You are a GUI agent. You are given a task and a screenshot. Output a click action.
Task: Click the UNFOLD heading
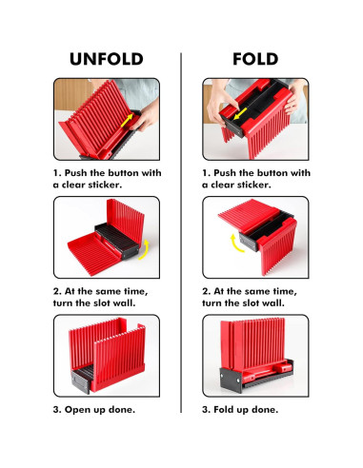coord(107,59)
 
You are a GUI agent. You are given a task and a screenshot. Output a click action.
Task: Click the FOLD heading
coord(255,59)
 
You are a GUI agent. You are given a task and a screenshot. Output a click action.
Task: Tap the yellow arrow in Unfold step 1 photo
coord(127,121)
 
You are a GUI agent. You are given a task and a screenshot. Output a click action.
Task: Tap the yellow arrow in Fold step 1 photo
coord(240,113)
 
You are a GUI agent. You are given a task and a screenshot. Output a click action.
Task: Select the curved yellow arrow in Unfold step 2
coord(145,250)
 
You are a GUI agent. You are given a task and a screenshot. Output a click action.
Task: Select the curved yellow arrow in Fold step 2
coord(235,244)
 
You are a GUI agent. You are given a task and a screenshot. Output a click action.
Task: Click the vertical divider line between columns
coord(181,233)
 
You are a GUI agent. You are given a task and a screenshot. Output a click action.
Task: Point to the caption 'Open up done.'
coord(100,410)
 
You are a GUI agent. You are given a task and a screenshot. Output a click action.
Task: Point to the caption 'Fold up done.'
coord(246,410)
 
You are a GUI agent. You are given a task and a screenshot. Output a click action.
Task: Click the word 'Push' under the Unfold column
coord(76,173)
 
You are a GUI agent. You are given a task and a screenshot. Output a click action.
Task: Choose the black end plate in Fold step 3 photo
coord(231,380)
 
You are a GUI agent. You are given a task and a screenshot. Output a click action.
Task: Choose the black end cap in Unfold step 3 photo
coord(81,381)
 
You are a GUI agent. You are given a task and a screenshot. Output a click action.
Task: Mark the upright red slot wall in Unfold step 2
coord(125,222)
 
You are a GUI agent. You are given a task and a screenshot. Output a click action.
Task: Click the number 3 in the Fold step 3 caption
coord(205,410)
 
